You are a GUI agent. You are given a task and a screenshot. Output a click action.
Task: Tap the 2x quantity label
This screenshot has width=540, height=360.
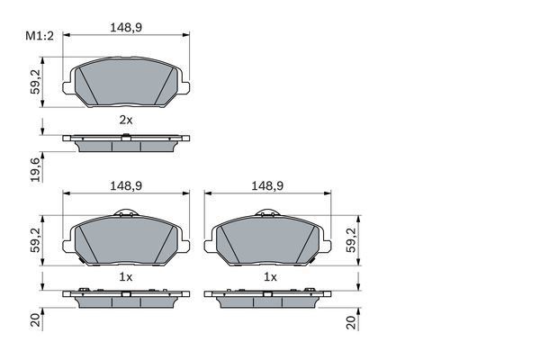pyautogui.click(x=126, y=119)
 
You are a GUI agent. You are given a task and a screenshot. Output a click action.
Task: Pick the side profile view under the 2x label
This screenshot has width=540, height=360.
pyautogui.click(x=126, y=141)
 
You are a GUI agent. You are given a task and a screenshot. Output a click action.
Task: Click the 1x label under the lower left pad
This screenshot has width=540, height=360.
pyautogui.click(x=126, y=277)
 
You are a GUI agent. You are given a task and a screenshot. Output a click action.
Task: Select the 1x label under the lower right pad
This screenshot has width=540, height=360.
pyautogui.click(x=268, y=277)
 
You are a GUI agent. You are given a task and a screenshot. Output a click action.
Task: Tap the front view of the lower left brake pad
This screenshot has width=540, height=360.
pyautogui.click(x=126, y=241)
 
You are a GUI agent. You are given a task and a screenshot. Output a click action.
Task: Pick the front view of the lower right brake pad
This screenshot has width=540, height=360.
pyautogui.click(x=268, y=241)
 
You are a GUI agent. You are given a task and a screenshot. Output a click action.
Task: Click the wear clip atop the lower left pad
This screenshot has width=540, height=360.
pyautogui.click(x=127, y=214)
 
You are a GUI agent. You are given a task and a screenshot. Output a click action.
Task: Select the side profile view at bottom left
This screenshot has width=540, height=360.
pyautogui.click(x=126, y=297)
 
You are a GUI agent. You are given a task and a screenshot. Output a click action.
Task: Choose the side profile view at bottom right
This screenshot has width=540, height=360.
pyautogui.click(x=268, y=297)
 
